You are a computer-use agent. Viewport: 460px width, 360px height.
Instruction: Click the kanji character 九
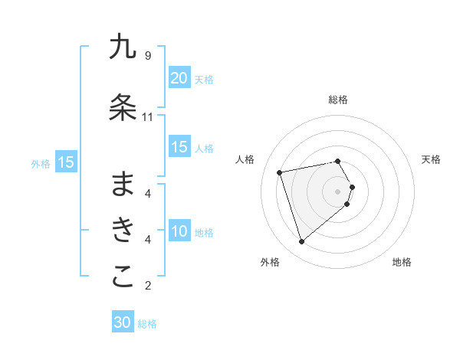coord(123,47)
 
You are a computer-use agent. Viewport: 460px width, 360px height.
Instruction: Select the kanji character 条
coord(123,108)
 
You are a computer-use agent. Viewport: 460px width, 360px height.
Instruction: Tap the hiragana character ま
coord(123,184)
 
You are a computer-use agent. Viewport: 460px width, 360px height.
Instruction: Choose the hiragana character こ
coord(123,277)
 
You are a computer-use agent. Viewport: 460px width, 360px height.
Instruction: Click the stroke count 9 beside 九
coord(147,56)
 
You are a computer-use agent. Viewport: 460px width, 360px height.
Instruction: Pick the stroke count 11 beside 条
coord(147,117)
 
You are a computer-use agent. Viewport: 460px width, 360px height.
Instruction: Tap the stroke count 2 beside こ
coord(147,286)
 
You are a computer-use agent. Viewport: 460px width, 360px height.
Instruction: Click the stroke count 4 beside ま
coord(147,193)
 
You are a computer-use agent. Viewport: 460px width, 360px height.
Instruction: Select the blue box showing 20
coord(179,78)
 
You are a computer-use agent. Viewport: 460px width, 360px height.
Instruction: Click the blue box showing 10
coord(179,231)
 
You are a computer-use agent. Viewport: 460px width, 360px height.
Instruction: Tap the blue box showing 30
coord(123,323)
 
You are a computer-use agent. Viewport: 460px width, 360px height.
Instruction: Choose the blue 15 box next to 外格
coord(66,162)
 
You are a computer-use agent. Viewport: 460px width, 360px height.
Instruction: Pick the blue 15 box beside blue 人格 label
coord(179,147)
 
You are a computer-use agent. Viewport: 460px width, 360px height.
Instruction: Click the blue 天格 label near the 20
coord(204,79)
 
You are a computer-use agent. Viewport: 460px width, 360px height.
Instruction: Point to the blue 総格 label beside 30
coord(147,324)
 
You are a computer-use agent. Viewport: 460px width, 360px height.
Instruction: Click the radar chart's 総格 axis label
coord(338,100)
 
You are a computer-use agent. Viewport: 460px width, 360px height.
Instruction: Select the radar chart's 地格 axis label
coord(402,263)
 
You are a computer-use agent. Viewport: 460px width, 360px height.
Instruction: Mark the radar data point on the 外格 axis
coord(302,242)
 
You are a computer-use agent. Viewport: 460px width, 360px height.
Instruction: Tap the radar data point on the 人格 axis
coord(280,172)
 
